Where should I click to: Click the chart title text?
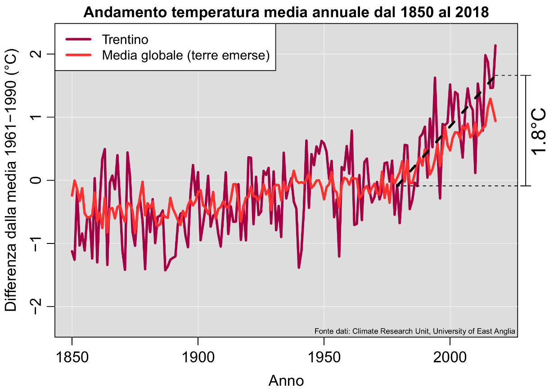pos(286,12)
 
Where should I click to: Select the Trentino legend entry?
pos(125,40)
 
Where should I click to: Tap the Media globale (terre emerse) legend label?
pos(185,56)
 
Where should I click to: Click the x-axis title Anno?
pos(286,381)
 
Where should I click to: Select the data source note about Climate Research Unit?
pos(414,331)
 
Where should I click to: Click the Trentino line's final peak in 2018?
pos(495,45)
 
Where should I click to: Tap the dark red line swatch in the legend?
pos(78,40)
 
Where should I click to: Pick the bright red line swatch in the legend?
pos(78,56)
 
